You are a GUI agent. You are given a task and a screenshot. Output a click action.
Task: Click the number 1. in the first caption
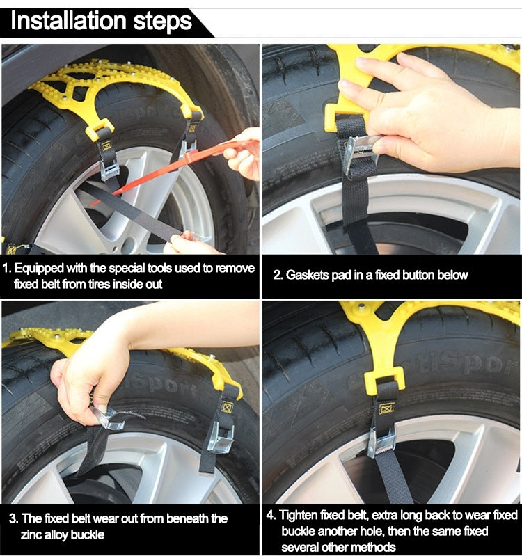point(8,268)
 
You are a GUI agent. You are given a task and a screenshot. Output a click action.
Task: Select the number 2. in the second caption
point(278,275)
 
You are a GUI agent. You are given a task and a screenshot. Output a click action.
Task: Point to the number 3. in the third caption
point(13,518)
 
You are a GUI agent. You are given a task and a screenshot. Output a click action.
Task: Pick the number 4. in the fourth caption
point(271,515)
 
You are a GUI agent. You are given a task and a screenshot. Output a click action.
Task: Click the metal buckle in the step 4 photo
point(381,443)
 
